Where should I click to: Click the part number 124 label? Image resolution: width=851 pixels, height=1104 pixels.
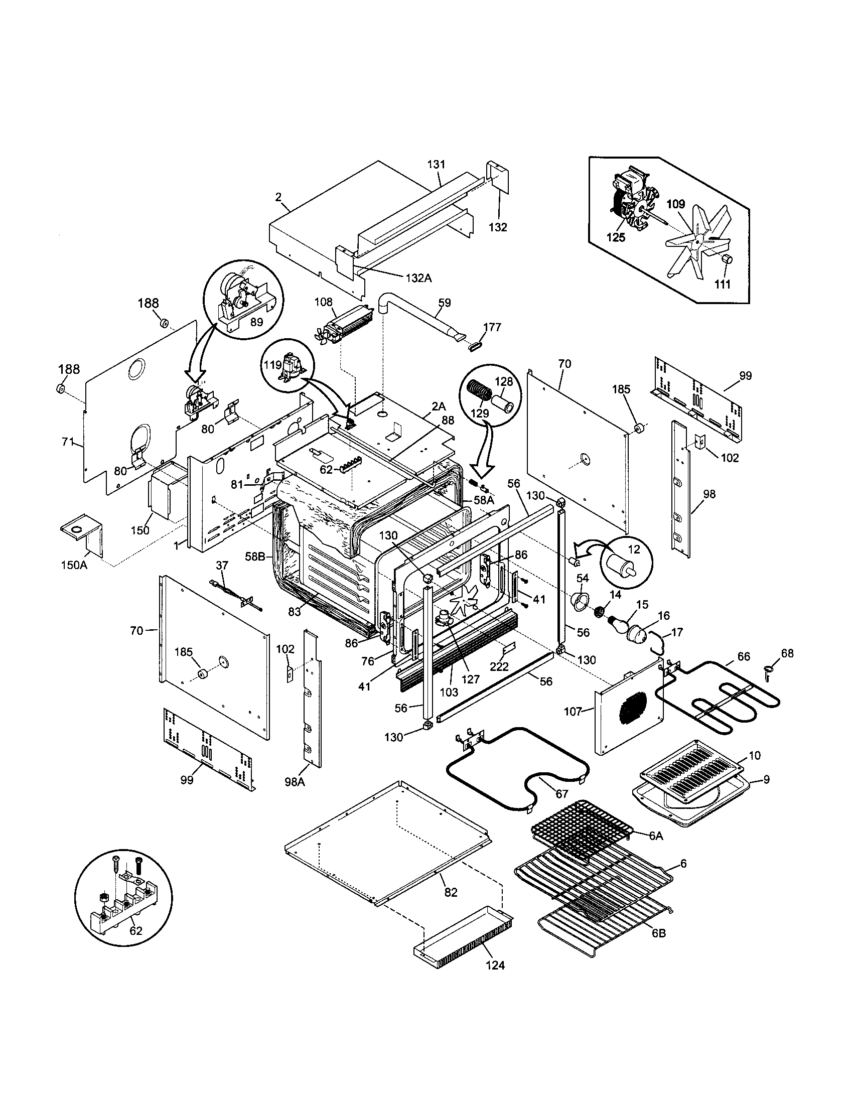coord(495,965)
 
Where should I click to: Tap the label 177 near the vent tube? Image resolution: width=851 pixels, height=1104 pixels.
coord(492,327)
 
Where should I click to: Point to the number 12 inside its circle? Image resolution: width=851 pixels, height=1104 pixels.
coord(634,549)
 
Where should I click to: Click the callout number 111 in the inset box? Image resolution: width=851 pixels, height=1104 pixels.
coord(723,284)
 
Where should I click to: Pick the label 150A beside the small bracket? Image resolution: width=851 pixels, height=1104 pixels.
coord(74,565)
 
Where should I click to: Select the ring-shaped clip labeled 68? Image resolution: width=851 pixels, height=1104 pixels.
coord(769,670)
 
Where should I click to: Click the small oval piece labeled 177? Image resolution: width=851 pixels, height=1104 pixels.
coord(477,347)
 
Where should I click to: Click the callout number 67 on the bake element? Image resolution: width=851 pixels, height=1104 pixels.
coord(562,794)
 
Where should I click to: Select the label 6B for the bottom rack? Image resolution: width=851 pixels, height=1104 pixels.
coord(658,933)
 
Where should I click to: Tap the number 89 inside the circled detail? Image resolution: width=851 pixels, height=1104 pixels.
coord(256,322)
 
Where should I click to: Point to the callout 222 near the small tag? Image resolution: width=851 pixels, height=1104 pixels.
coord(499,667)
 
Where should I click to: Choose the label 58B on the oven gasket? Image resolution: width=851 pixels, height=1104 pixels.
coord(255,556)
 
